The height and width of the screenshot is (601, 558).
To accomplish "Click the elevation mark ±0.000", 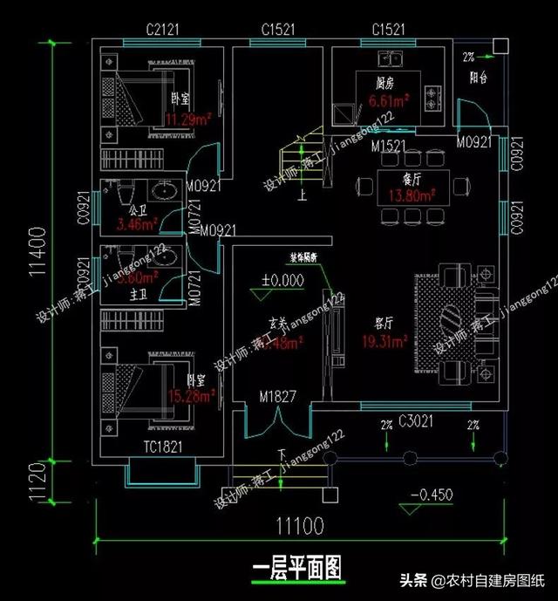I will (x=283, y=281).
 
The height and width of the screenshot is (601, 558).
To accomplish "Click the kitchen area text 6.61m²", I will (x=390, y=101).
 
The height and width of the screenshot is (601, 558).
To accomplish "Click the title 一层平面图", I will (x=298, y=568).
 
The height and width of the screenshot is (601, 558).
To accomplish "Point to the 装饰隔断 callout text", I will (x=310, y=258).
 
